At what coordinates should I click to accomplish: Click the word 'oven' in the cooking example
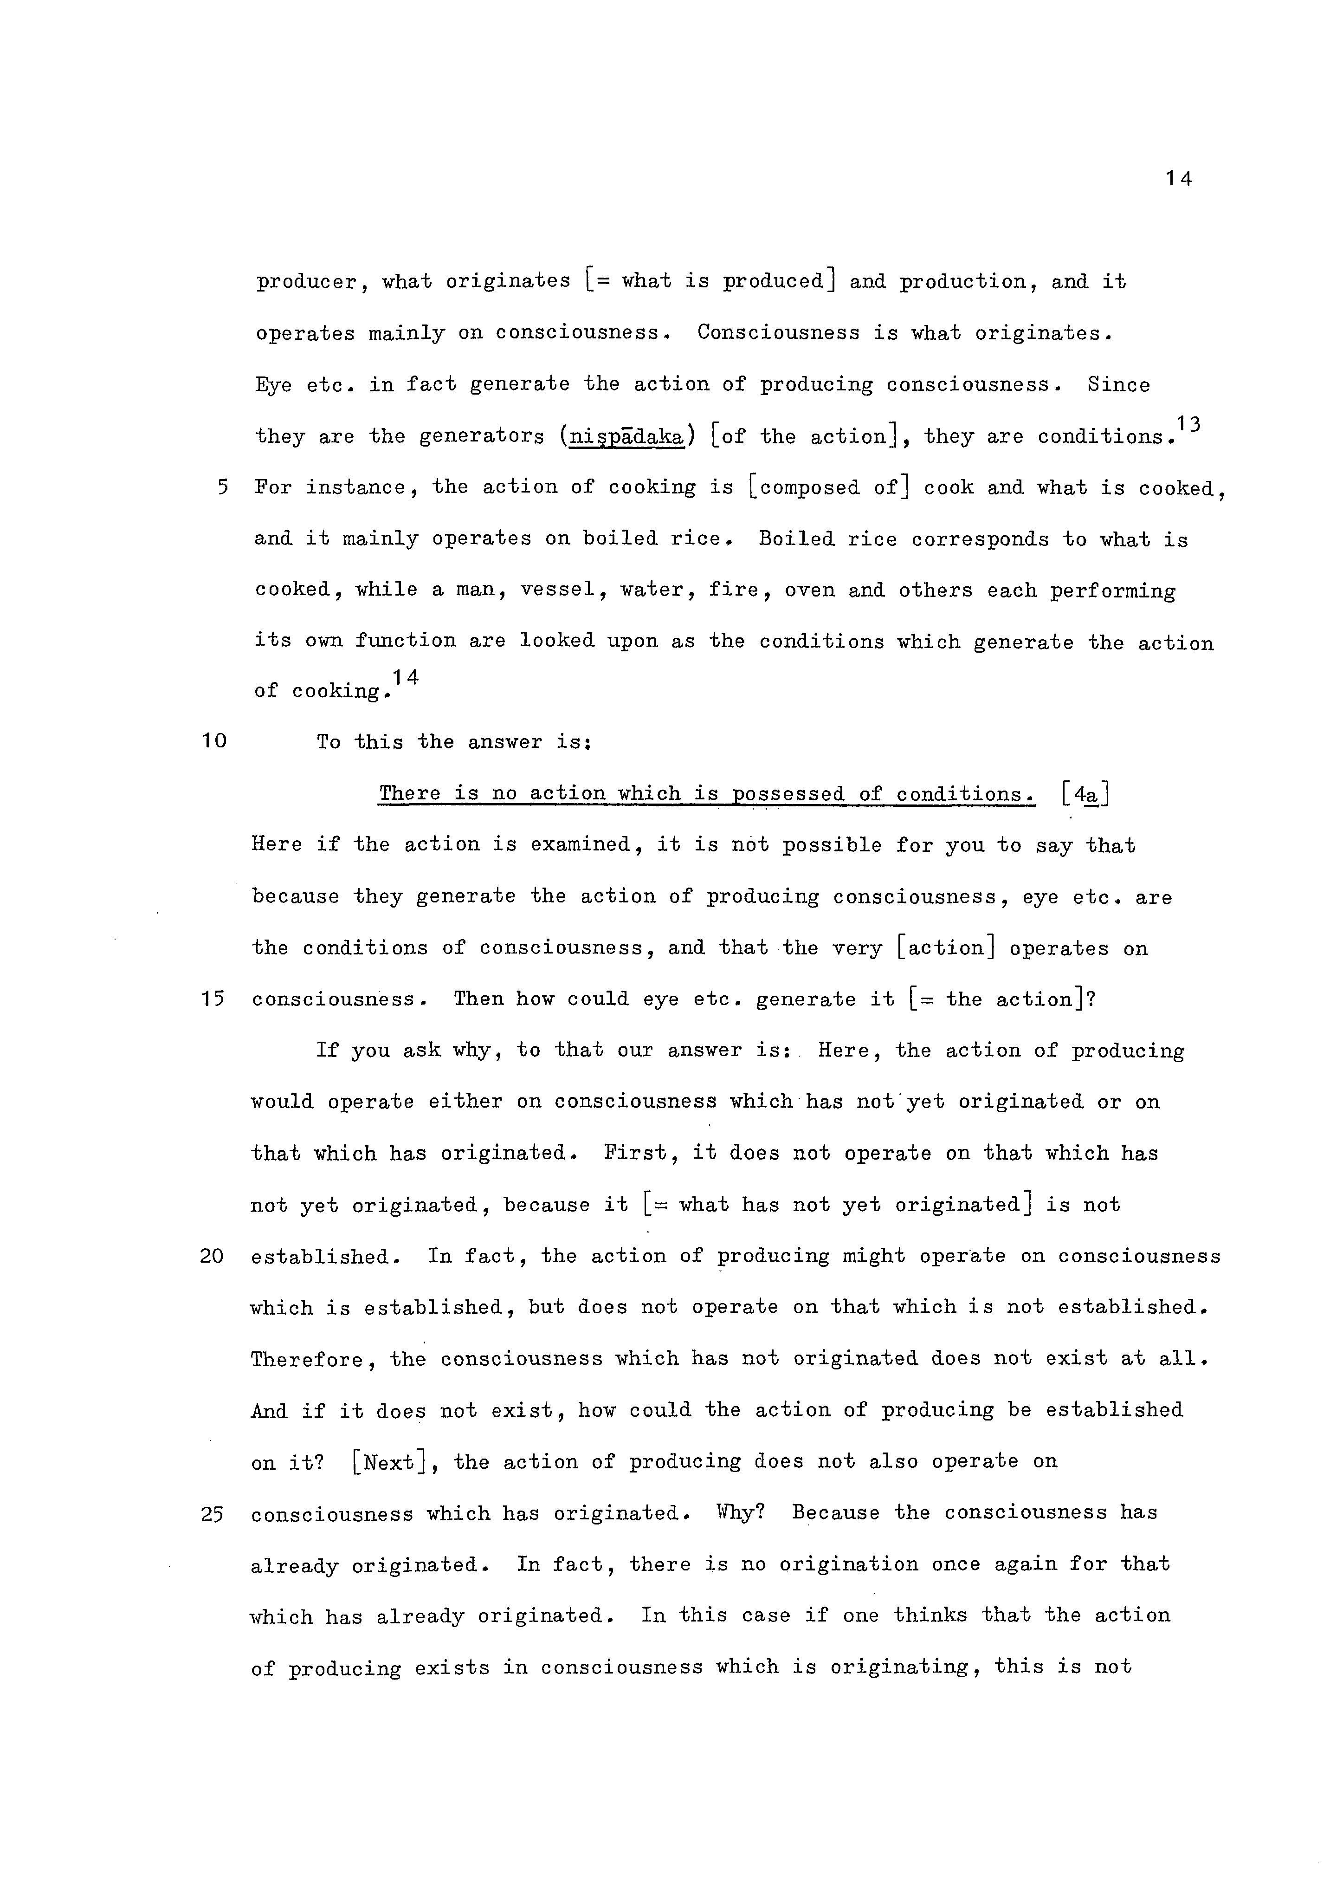[809, 590]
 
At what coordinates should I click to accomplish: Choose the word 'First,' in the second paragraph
[636, 1154]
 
